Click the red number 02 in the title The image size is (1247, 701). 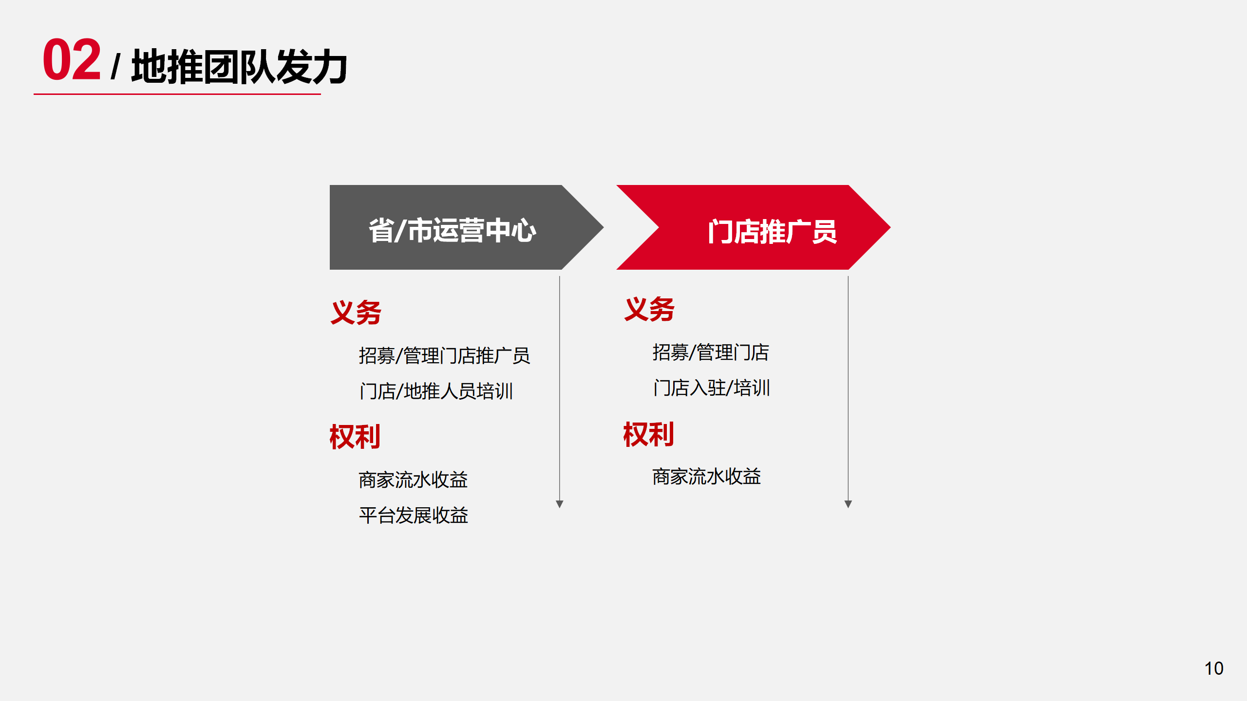(72, 59)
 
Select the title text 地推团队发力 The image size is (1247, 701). (239, 66)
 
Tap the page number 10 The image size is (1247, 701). (1214, 668)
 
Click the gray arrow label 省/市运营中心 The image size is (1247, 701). (453, 230)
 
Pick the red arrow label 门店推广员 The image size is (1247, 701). (772, 231)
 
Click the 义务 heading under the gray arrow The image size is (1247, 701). (356, 312)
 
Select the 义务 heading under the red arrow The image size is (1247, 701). (649, 309)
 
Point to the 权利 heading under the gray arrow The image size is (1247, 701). (355, 437)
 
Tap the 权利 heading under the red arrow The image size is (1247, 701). (649, 434)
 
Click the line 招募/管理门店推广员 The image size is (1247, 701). (444, 355)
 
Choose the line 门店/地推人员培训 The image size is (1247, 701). (436, 391)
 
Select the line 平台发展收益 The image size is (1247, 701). (414, 515)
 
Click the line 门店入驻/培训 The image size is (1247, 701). (712, 388)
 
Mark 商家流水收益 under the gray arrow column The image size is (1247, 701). (413, 480)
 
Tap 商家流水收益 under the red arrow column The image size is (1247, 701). (707, 477)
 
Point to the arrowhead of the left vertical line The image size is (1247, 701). (560, 504)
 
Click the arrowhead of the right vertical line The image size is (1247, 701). (848, 504)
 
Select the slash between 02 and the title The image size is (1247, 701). (115, 67)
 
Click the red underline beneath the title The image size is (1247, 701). (177, 94)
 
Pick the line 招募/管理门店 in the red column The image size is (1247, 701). (711, 352)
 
